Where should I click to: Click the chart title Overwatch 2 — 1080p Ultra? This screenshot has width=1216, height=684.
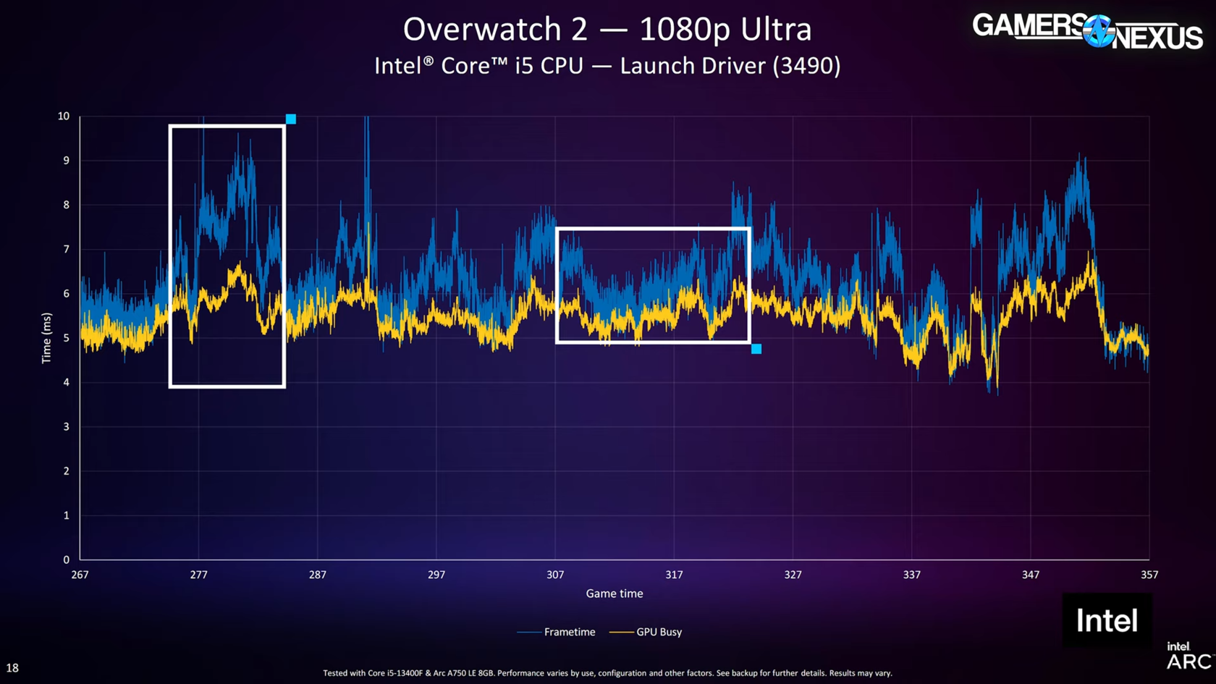[x=607, y=30]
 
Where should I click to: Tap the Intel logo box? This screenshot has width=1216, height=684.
[x=1107, y=620]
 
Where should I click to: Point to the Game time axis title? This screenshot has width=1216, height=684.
[x=614, y=594]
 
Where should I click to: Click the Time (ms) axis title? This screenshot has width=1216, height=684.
[x=47, y=338]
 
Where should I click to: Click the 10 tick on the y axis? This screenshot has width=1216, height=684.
[x=64, y=116]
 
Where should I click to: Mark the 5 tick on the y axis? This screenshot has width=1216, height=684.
[x=66, y=338]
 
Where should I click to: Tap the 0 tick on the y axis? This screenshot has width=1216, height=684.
[x=66, y=560]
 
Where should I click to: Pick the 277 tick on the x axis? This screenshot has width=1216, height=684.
[x=198, y=575]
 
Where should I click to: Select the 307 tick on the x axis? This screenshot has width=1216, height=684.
[x=555, y=575]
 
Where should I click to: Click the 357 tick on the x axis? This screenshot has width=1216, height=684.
[x=1149, y=575]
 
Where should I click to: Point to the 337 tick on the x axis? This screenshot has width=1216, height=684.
[x=911, y=575]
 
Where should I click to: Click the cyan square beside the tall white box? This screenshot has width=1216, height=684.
[x=291, y=119]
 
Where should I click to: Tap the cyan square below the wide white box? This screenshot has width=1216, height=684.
[x=756, y=349]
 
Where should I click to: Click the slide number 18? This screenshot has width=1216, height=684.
[x=12, y=668]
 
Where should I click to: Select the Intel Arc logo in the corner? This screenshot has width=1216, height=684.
[x=1187, y=656]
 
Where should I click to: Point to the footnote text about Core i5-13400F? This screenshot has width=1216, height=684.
[x=607, y=673]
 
